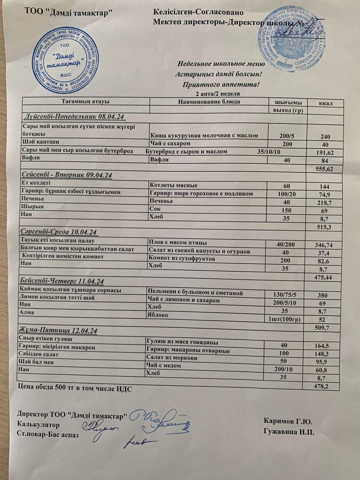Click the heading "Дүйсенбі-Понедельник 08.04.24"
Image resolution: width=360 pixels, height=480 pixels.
(x=74, y=116)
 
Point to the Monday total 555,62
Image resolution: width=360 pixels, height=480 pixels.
(x=324, y=169)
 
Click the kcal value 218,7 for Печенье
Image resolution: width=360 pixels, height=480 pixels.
(x=324, y=203)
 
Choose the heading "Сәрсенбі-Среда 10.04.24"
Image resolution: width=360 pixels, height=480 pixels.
(x=60, y=232)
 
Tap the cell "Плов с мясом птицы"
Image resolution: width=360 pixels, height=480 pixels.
(x=178, y=242)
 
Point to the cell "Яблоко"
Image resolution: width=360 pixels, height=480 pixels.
(x=157, y=315)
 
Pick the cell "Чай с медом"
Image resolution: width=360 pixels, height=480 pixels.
(x=163, y=365)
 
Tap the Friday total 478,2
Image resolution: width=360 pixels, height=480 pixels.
(x=322, y=386)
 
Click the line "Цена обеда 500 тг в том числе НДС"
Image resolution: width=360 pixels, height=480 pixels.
(x=75, y=388)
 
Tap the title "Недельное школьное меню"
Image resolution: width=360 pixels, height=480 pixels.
(x=221, y=64)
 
